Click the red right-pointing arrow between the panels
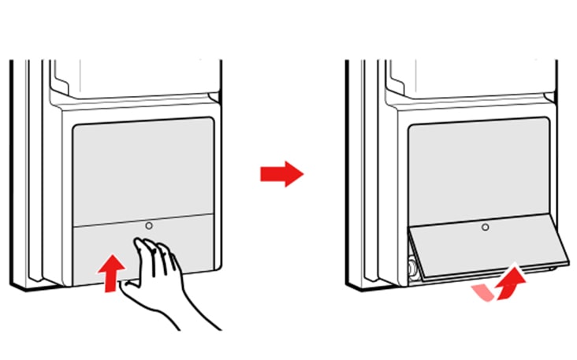[281, 174]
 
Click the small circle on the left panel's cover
[148, 225]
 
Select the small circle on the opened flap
[486, 227]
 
